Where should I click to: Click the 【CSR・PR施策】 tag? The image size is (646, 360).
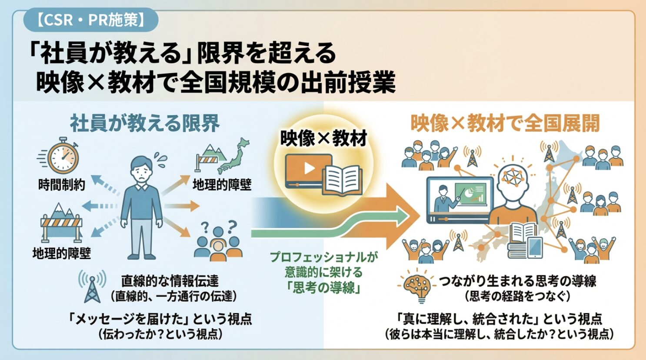point(90,20)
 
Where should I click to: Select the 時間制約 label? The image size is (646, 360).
point(62,185)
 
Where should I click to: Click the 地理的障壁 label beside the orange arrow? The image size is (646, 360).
point(222,185)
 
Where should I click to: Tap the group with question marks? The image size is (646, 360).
point(218,241)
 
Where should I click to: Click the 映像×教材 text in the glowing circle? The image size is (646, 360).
point(323,138)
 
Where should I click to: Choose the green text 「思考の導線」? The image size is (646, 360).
point(323,287)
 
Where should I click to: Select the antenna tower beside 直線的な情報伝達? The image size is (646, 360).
point(92,287)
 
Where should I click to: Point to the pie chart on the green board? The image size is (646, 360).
point(466,192)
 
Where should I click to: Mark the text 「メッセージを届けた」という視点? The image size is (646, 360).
point(160,319)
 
